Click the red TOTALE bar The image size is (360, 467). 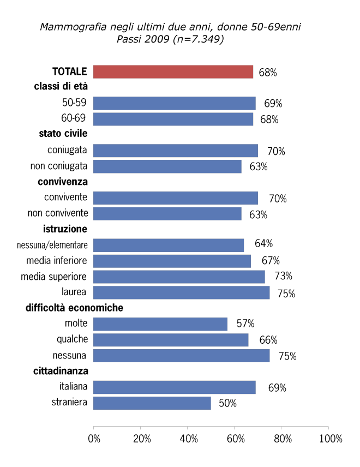coord(173,71)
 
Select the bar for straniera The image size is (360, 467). coord(152,403)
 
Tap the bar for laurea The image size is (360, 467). coord(182,293)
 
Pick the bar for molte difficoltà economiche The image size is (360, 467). coord(160,324)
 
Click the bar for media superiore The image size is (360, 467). coord(179,277)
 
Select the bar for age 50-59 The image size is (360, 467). coord(175,103)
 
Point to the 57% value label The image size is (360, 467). coord(245,324)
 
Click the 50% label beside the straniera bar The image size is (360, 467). coord(228,404)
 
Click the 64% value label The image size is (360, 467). coord(262,244)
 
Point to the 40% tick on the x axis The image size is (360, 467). coord(188,439)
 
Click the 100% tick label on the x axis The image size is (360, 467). coord(331,439)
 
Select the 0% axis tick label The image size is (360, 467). coord(94,439)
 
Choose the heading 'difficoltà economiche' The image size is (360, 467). coord(74,308)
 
